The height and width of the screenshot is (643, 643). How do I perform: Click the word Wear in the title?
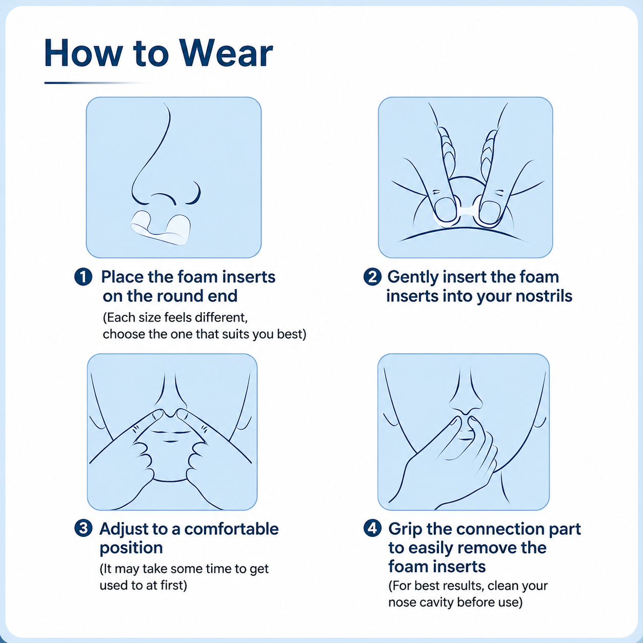pyautogui.click(x=227, y=53)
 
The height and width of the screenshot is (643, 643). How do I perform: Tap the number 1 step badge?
pyautogui.click(x=83, y=277)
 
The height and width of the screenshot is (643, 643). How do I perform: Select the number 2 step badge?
pyautogui.click(x=372, y=277)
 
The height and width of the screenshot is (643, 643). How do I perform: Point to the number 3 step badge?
pyautogui.click(x=83, y=529)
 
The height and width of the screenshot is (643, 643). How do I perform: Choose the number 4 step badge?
pyautogui.click(x=372, y=529)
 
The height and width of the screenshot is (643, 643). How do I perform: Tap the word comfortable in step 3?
pyautogui.click(x=231, y=529)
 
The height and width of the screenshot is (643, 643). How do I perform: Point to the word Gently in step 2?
pyautogui.click(x=413, y=278)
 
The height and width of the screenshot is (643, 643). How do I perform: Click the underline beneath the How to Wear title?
pyautogui.click(x=95, y=83)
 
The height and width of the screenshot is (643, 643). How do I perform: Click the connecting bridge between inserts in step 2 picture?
pyautogui.click(x=468, y=210)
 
